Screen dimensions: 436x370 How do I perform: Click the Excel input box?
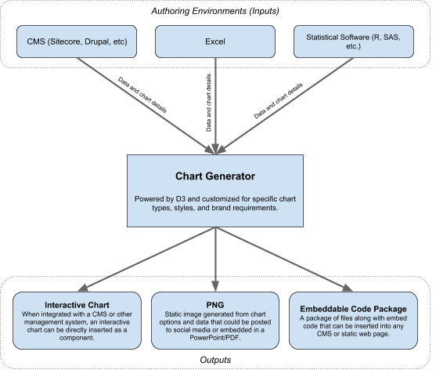pyautogui.click(x=215, y=42)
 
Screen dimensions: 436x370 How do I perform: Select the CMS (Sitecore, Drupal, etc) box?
pyautogui.click(x=77, y=42)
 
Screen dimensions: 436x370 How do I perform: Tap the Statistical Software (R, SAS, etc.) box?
pyautogui.click(x=353, y=42)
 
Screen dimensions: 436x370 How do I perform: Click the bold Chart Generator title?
pyautogui.click(x=215, y=176)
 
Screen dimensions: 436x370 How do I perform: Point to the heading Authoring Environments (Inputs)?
pyautogui.click(x=215, y=11)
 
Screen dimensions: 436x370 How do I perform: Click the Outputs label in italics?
pyautogui.click(x=215, y=360)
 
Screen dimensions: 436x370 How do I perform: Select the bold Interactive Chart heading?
pyautogui.click(x=77, y=305)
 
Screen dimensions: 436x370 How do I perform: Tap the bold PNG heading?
pyautogui.click(x=215, y=305)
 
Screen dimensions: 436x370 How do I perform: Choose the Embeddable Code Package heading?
pyautogui.click(x=353, y=309)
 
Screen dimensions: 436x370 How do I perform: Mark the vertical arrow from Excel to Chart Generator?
pyautogui.click(x=215, y=106)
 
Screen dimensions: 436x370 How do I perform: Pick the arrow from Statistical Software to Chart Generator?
pyautogui.click(x=284, y=106)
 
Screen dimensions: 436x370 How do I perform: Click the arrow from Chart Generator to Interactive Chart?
pyautogui.click(x=146, y=259)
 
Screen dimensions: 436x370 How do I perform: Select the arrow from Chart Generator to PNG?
pyautogui.click(x=215, y=259)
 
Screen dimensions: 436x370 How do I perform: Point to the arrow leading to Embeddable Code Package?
pyautogui.click(x=284, y=259)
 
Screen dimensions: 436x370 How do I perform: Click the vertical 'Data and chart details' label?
pyautogui.click(x=208, y=103)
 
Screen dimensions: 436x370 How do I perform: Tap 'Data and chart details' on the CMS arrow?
pyautogui.click(x=142, y=95)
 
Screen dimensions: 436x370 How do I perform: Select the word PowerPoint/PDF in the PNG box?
pyautogui.click(x=215, y=338)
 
